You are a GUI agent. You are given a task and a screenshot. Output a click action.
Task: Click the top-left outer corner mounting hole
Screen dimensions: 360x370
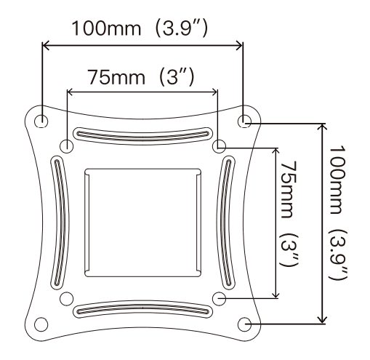[x=43, y=119]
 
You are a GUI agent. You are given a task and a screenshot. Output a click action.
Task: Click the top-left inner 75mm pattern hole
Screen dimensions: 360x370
[x=67, y=145]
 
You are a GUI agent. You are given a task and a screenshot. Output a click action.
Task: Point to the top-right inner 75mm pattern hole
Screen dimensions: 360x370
[x=218, y=145]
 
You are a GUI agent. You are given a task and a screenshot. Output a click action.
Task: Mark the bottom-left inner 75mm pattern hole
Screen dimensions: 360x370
[x=67, y=297]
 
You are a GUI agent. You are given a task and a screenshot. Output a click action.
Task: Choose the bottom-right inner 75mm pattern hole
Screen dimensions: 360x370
[x=218, y=297]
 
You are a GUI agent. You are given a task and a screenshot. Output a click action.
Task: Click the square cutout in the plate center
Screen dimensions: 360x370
[x=142, y=222]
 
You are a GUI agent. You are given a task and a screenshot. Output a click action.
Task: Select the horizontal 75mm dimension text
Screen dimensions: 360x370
[x=116, y=78]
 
